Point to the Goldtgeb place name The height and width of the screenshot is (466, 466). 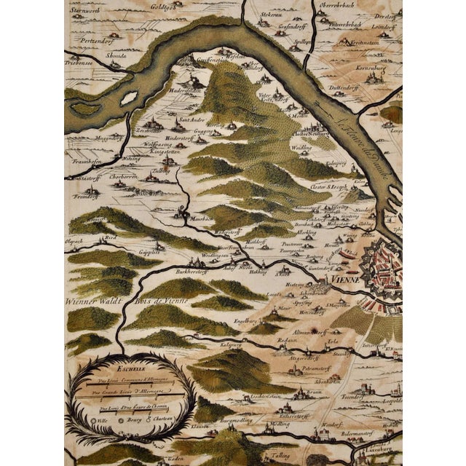tap(166, 5)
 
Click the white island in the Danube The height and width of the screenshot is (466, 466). tap(129, 98)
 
